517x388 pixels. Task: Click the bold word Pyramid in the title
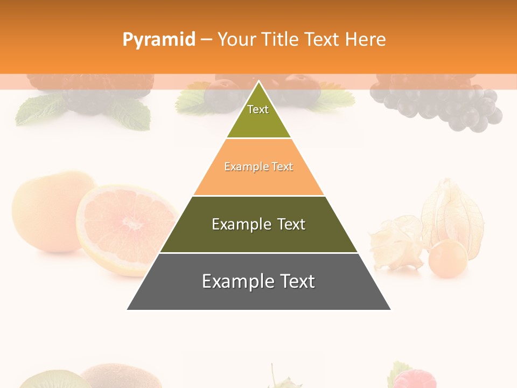click(x=159, y=39)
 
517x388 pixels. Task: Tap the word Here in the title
click(x=365, y=39)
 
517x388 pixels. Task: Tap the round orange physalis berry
click(x=448, y=259)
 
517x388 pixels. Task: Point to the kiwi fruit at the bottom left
click(x=54, y=380)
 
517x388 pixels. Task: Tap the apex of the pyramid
click(x=258, y=81)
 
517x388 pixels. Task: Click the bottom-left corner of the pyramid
click(x=128, y=309)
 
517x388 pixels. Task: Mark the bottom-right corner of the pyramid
click(x=390, y=309)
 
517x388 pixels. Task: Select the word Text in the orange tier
click(x=282, y=167)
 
